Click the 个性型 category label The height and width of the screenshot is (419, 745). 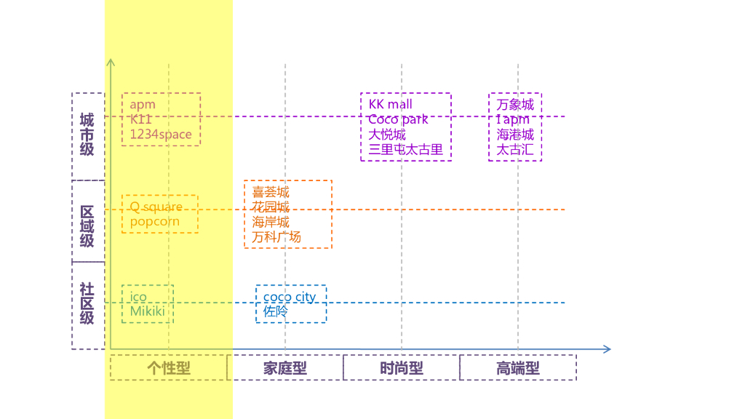tap(169, 368)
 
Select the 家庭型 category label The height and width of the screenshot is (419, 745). tap(285, 368)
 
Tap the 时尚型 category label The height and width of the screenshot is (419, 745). tap(402, 368)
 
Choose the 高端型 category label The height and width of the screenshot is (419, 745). tap(518, 368)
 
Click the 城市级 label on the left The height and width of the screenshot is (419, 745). tap(87, 135)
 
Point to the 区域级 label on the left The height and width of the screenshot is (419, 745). tap(87, 226)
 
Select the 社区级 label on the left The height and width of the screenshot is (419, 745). tap(87, 303)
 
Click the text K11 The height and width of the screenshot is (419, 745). tap(141, 119)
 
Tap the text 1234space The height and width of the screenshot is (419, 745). tap(161, 135)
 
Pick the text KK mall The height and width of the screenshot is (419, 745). tap(391, 105)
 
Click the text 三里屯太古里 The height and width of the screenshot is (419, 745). tap(405, 150)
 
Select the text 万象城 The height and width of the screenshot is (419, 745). tap(515, 105)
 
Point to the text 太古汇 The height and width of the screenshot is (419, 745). tap(515, 150)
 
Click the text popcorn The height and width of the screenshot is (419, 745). tap(154, 222)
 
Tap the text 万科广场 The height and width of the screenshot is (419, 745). tap(276, 237)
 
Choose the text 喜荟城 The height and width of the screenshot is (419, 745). tap(271, 192)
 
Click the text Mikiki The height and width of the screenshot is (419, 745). tap(147, 311)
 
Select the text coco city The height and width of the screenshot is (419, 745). tap(290, 297)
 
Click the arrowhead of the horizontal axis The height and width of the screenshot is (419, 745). tap(607, 349)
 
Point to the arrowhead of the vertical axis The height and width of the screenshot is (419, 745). tap(111, 62)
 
